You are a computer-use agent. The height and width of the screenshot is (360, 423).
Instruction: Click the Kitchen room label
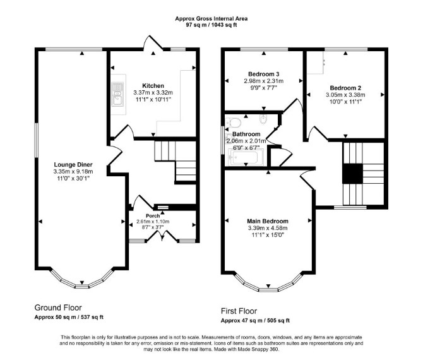(153, 86)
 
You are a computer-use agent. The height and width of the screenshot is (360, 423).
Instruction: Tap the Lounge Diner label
(73, 165)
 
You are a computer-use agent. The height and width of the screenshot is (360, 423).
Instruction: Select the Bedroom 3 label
(263, 74)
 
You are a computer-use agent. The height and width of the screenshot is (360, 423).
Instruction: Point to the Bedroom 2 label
(345, 88)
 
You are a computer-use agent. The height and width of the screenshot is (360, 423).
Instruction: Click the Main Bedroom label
(268, 221)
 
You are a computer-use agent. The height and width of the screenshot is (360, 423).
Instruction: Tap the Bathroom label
(246, 134)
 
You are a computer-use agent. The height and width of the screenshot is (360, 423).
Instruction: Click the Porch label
(153, 216)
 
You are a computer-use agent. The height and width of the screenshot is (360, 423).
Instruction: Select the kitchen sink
(117, 95)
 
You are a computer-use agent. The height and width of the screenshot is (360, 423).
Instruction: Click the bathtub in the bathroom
(246, 158)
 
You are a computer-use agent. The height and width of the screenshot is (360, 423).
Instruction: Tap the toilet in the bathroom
(234, 123)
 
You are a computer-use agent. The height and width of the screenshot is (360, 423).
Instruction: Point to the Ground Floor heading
(58, 308)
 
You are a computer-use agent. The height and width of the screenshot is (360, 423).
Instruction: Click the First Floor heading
(239, 311)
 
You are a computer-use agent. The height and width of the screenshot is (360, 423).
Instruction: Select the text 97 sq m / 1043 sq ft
(211, 25)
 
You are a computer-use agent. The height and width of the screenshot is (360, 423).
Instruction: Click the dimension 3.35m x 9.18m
(73, 172)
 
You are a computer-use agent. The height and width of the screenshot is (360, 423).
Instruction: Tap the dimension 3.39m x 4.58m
(268, 228)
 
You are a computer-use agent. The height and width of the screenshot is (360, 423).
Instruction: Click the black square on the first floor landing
(352, 174)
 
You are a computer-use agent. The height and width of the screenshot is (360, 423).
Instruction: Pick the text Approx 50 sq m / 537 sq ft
(69, 317)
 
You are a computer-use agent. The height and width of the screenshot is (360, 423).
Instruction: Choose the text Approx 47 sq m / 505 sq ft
(255, 321)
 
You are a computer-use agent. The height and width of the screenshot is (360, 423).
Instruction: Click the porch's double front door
(162, 236)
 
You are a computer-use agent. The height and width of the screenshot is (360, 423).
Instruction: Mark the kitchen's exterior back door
(153, 43)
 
